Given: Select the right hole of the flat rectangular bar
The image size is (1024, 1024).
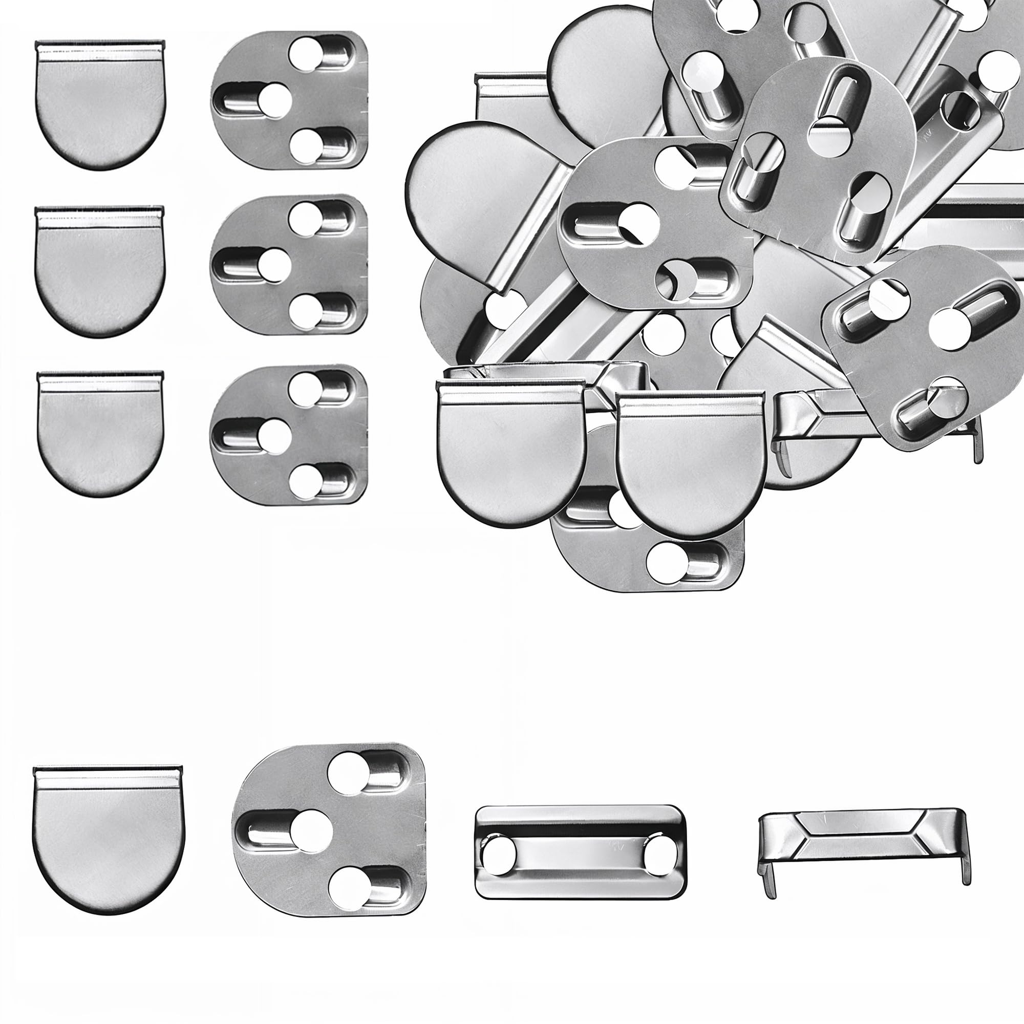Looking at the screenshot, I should coord(659,856).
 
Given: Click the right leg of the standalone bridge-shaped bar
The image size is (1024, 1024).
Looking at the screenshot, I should coord(966,869).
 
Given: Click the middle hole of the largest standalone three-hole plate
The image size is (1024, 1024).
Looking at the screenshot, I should coord(311,831).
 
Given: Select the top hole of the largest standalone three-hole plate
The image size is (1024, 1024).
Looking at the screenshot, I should coord(348,773).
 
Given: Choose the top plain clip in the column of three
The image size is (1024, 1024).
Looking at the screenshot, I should coord(100,106).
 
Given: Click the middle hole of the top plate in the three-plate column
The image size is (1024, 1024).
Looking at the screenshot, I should coord(275,100).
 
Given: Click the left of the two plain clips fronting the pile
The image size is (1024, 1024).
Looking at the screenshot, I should coord(510,456).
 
